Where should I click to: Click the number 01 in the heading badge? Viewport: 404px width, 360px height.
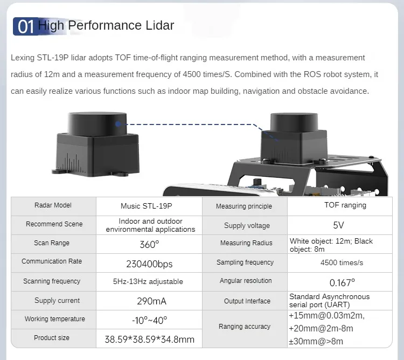26,26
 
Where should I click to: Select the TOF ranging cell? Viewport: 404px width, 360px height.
345,205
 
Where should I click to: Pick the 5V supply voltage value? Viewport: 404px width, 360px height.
339,225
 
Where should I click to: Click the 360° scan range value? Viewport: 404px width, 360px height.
149,244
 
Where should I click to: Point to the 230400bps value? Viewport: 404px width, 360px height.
149,264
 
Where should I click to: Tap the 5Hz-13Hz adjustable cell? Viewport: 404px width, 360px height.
148,281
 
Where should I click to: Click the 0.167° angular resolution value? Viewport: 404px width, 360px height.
342,282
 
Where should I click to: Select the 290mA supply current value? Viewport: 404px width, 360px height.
149,301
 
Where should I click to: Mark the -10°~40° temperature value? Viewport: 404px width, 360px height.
149,320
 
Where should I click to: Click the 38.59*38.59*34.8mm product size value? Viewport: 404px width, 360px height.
149,340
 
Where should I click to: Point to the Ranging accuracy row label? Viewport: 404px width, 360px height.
245,327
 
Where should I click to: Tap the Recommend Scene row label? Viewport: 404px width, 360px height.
54,224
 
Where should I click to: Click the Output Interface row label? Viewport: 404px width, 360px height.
245,301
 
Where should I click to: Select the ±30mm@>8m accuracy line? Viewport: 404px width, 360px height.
316,341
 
